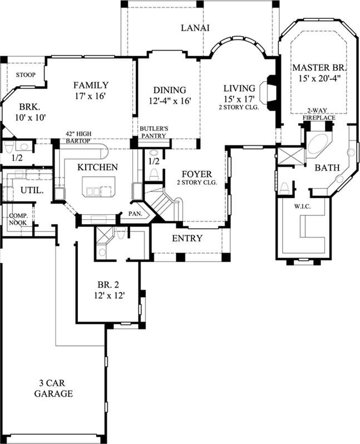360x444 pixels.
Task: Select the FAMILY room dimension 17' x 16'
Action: [90, 96]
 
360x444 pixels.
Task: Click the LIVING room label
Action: [239, 88]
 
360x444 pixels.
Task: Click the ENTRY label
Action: [187, 238]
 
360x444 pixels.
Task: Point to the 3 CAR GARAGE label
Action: [56, 388]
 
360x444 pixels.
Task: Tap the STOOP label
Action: [26, 75]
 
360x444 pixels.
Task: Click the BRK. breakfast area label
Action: [28, 106]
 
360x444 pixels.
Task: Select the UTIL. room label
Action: [28, 190]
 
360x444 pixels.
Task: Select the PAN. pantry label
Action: [135, 213]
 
